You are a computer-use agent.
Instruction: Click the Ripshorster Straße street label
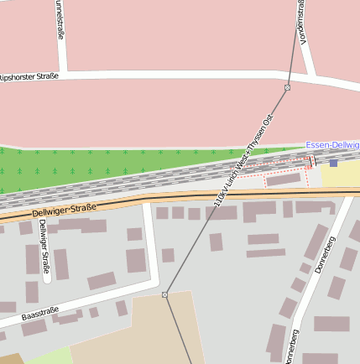[28, 76]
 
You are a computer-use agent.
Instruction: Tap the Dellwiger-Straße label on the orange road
[64, 206]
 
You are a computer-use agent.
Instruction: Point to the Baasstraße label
[40, 315]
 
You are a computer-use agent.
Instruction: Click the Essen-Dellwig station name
[332, 145]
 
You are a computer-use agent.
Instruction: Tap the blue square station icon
[333, 162]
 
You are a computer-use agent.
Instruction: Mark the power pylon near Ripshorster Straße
[287, 87]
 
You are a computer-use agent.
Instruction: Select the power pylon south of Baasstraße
[164, 294]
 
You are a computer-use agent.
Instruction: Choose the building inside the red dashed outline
[283, 179]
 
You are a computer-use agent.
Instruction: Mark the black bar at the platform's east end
[312, 160]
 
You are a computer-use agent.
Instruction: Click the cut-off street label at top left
[59, 20]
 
